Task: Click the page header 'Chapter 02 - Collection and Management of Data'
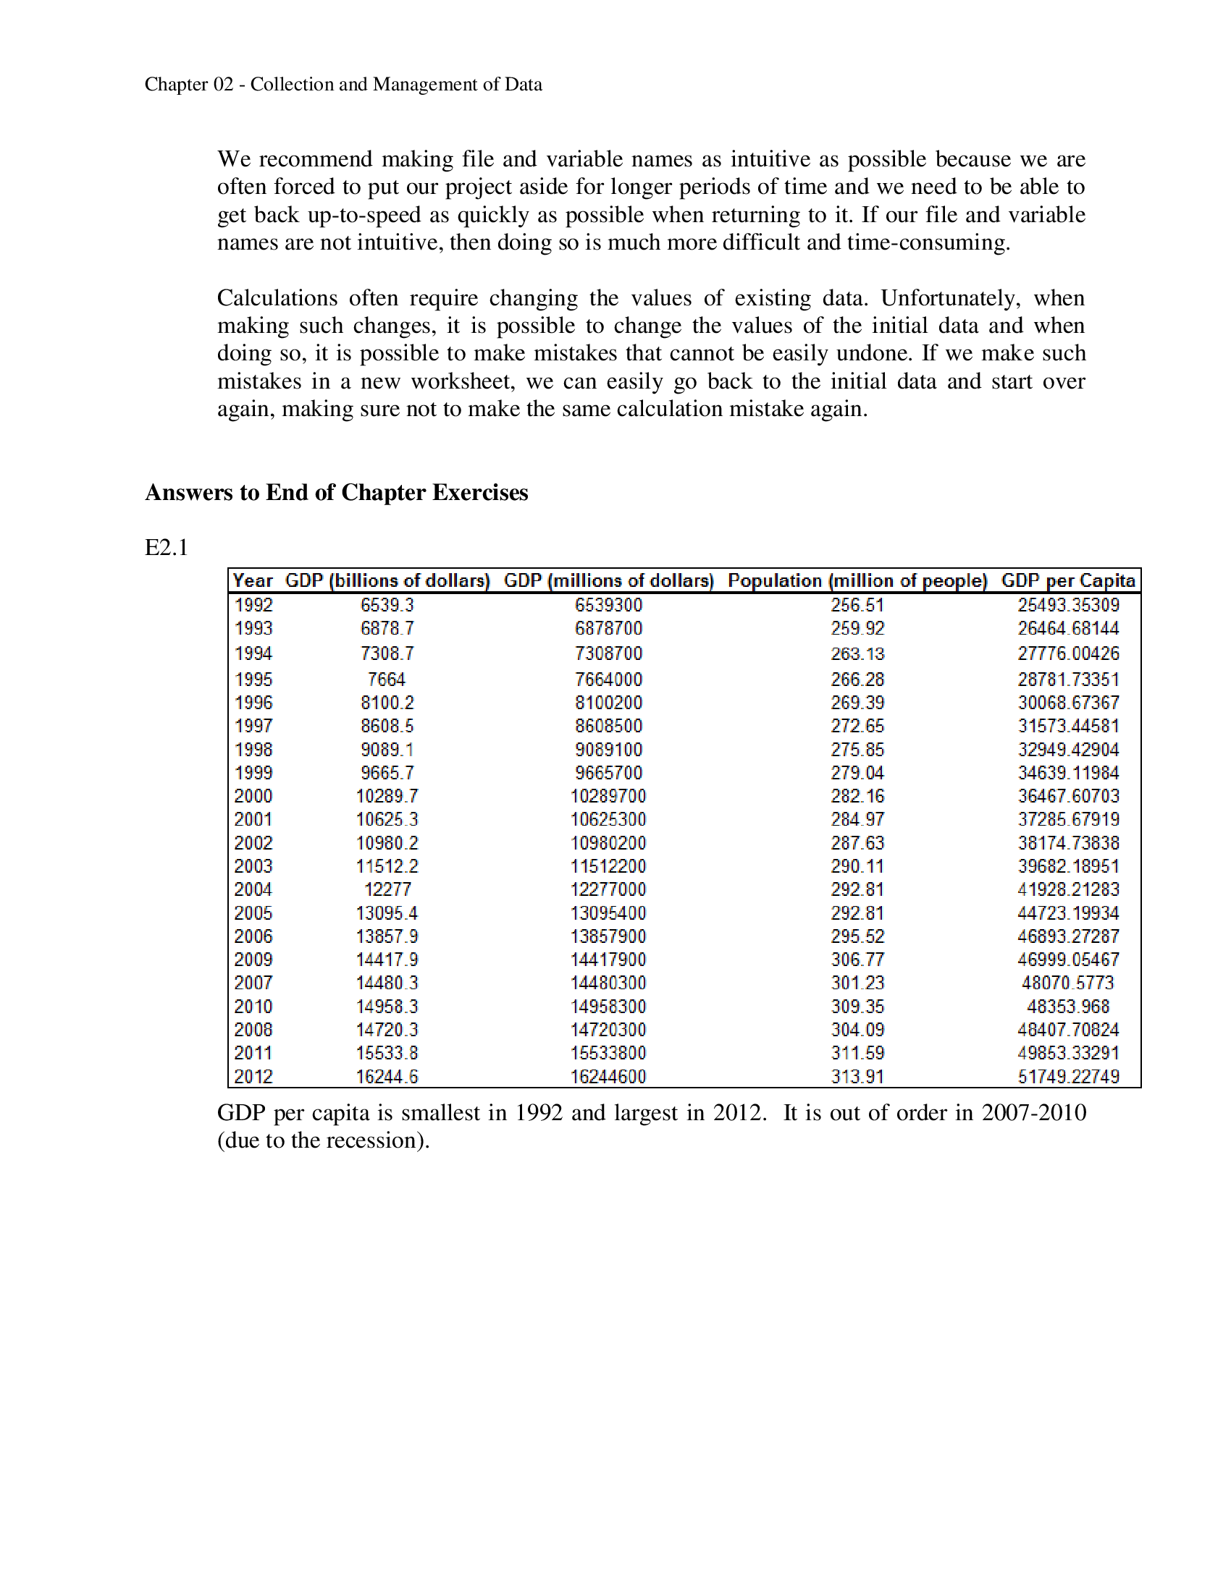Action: [343, 85]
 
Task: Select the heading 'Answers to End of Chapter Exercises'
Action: [336, 493]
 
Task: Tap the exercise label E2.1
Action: [167, 548]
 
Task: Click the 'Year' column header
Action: [252, 580]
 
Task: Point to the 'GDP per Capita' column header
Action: [1067, 580]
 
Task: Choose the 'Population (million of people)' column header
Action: [857, 580]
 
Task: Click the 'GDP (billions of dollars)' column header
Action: [387, 580]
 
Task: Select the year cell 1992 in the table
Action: [253, 605]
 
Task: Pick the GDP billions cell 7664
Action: [387, 679]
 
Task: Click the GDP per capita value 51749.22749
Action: [1067, 1077]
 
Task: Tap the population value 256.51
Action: [857, 605]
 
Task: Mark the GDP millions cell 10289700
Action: [608, 796]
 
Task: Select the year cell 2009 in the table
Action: [253, 960]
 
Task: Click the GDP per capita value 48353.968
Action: [1067, 1007]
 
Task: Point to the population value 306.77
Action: [857, 960]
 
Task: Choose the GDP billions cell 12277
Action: [387, 889]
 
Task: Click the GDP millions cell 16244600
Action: [608, 1077]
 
